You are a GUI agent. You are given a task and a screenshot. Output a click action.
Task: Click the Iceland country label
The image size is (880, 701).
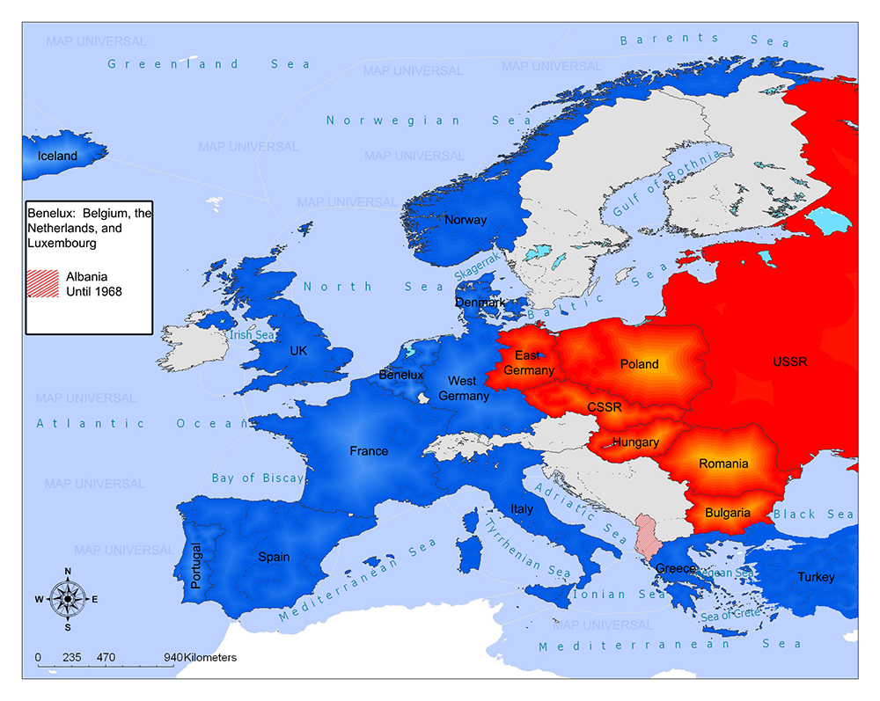point(57,156)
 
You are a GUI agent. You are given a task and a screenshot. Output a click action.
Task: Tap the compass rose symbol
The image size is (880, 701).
point(67,598)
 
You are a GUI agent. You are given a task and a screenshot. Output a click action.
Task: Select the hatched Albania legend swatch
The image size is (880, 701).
point(44,282)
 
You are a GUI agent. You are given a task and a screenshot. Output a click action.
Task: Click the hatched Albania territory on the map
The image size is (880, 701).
point(647,534)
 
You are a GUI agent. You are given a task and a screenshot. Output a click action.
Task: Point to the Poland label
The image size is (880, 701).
point(639,363)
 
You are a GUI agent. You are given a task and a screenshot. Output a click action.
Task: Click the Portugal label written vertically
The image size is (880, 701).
point(196,565)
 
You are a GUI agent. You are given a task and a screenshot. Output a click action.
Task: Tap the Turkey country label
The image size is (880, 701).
point(816,577)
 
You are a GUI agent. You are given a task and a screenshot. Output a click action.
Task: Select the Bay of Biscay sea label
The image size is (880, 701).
point(257,478)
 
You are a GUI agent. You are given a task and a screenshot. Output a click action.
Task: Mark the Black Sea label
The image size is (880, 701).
point(813,514)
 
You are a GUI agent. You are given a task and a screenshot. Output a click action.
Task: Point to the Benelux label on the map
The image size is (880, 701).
point(401,375)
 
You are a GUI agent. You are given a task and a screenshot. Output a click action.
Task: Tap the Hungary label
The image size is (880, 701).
point(635,442)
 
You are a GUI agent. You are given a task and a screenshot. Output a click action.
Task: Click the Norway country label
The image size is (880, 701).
point(466,220)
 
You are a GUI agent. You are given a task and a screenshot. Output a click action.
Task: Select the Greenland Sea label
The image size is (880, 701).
point(209,63)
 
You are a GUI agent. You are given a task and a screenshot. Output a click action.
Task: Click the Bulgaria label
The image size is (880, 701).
point(728,512)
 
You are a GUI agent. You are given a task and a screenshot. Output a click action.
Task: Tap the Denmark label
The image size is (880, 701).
point(480,302)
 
